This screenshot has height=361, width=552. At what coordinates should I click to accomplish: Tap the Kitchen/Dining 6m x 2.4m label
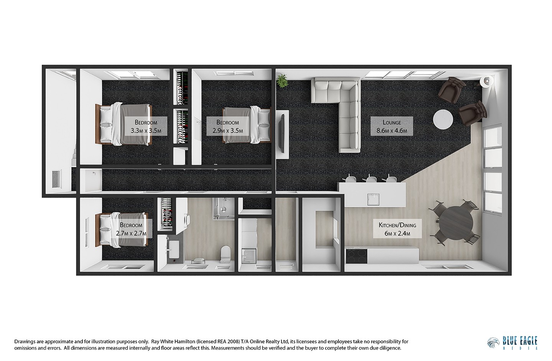click(394, 229)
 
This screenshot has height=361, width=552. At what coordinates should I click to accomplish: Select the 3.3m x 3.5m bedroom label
click(146, 127)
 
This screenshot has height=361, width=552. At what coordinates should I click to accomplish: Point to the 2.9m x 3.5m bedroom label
click(227, 127)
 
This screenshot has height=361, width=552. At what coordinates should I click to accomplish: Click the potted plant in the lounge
click(283, 81)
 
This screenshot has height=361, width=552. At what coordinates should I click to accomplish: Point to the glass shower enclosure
click(221, 209)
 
